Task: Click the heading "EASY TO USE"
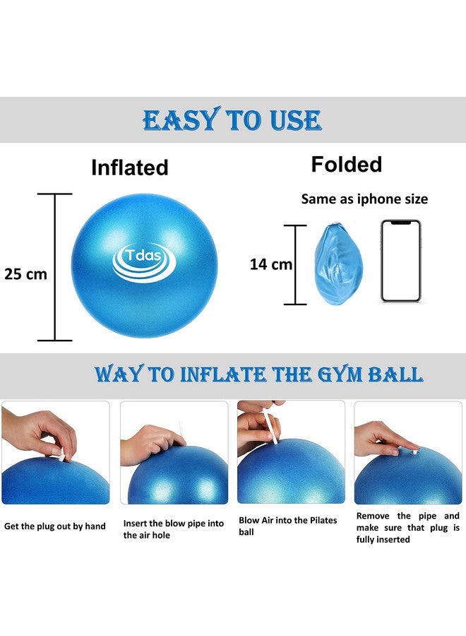(232, 120)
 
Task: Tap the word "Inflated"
(129, 167)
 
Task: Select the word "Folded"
(346, 165)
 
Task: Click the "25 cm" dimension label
(25, 274)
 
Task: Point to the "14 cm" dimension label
(270, 264)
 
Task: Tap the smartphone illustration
(400, 261)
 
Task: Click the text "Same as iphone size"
(364, 199)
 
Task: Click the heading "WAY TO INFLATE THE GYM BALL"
(258, 374)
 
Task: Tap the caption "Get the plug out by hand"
(54, 526)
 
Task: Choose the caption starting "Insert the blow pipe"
(172, 529)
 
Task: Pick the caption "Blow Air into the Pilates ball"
(288, 526)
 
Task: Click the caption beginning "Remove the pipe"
(407, 527)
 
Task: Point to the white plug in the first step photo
(61, 457)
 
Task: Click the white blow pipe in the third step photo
(271, 431)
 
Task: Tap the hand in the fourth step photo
(381, 438)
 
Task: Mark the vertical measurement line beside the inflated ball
(55, 267)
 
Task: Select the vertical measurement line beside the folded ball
(294, 265)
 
